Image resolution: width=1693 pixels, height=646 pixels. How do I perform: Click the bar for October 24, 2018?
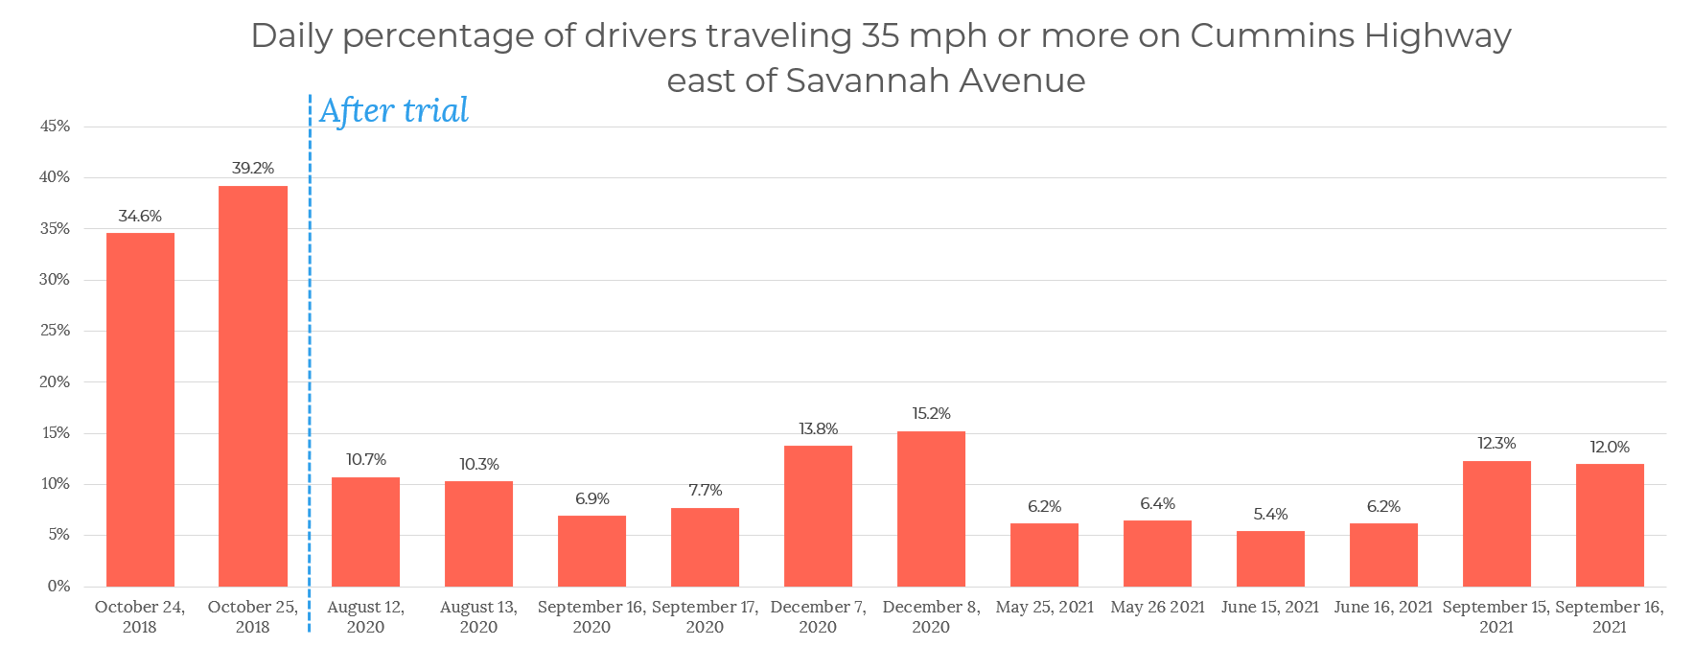pos(140,409)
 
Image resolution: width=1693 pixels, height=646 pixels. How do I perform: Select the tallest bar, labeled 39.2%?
pos(253,385)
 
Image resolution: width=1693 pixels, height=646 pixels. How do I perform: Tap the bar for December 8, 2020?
pos(931,509)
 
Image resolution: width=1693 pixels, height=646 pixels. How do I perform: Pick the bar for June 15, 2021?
pos(1270,559)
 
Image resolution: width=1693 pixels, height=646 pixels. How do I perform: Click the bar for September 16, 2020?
pos(591,551)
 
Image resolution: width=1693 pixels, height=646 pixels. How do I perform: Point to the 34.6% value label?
pos(140,217)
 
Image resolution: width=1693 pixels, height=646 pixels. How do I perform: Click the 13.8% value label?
pos(818,429)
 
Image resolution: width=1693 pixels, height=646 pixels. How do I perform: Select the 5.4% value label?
pos(1270,515)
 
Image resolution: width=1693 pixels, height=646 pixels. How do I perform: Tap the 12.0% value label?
pos(1610,448)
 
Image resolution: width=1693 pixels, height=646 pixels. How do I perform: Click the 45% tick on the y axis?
pos(55,127)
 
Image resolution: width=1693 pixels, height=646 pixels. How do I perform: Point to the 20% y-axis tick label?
pos(55,381)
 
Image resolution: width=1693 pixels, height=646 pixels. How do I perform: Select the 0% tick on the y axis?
pos(58,586)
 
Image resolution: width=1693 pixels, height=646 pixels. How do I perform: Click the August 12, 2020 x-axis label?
pos(365,616)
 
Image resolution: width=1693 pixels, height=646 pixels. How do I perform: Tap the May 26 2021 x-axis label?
pos(1157,607)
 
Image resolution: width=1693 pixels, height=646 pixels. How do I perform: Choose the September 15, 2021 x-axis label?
pos(1496,616)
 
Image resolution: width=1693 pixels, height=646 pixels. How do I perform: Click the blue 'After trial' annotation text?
pos(394,111)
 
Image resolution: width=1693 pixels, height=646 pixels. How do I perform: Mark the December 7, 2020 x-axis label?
pos(818,616)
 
